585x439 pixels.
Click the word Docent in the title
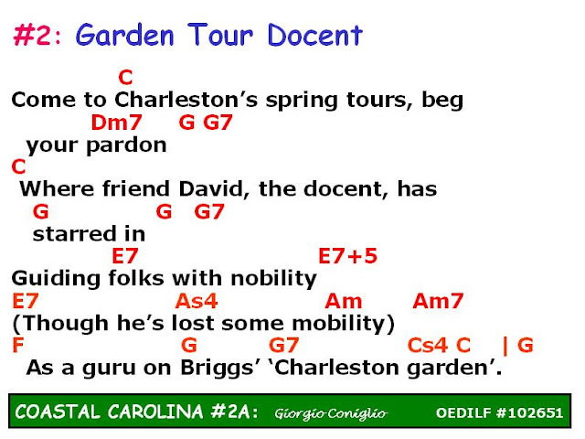[x=314, y=35]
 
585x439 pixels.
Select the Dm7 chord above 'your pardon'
[x=116, y=122]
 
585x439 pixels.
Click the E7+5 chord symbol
[x=347, y=256]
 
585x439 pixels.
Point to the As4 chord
[x=197, y=301]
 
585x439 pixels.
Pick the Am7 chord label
[x=438, y=301]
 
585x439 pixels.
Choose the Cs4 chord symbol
[x=428, y=345]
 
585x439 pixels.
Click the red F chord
[x=18, y=345]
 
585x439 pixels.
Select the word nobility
[x=274, y=278]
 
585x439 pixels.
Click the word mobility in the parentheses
[x=339, y=323]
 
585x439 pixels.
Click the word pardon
[x=126, y=145]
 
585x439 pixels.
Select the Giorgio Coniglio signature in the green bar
[x=331, y=413]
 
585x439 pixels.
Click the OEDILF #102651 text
[x=499, y=412]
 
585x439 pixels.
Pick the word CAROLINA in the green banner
[x=155, y=412]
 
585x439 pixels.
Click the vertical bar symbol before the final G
[x=505, y=346]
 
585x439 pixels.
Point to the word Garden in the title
[x=125, y=35]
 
